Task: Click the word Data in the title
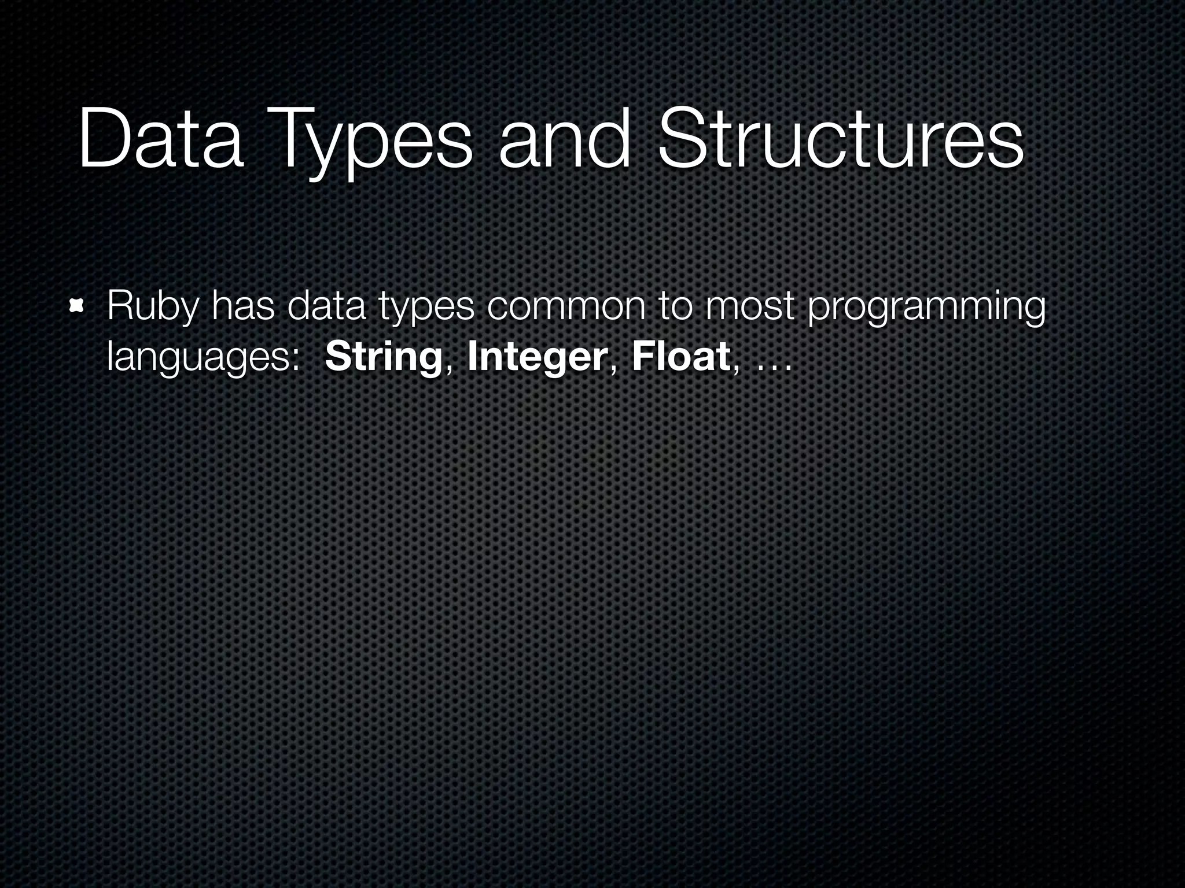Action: click(160, 140)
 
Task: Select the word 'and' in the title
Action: click(564, 140)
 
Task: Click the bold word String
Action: click(384, 358)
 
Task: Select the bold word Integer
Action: click(537, 358)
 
